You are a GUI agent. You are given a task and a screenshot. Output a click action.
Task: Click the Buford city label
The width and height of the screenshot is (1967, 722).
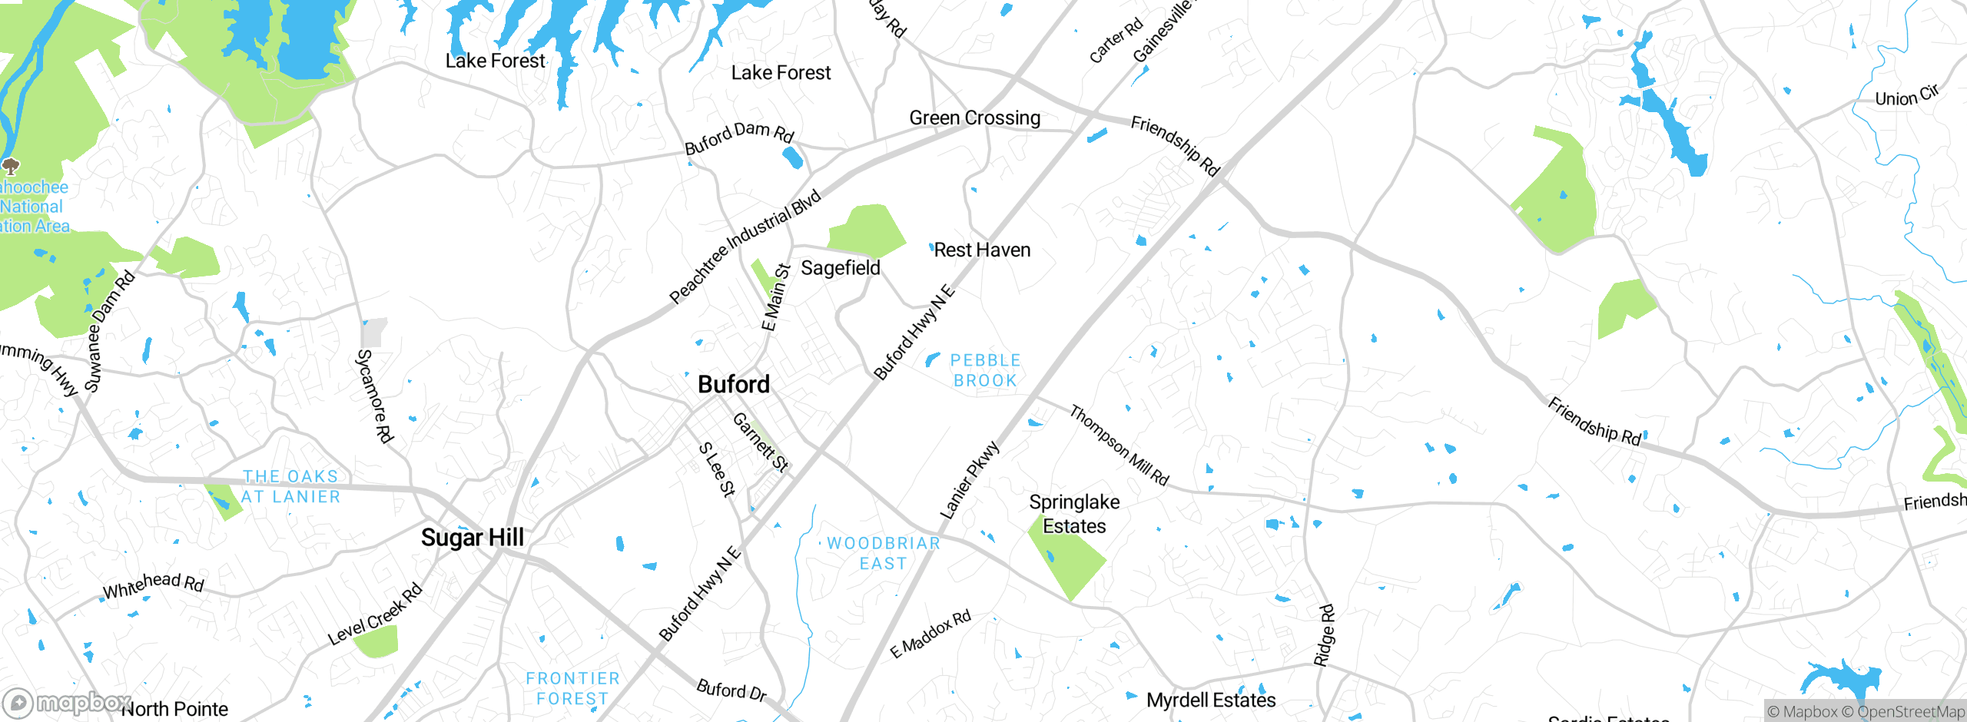coord(733,384)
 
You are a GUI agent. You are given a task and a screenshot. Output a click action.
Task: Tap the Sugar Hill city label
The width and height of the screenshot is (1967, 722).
coord(472,538)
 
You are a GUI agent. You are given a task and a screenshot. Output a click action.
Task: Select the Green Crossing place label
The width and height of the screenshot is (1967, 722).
coord(974,118)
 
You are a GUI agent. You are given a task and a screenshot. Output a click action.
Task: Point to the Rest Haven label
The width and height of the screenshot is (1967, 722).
coord(982,250)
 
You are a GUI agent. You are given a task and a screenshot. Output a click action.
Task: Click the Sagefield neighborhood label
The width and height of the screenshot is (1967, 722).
coord(841,268)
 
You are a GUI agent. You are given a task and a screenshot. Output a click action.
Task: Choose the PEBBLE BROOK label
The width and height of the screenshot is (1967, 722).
coord(985,370)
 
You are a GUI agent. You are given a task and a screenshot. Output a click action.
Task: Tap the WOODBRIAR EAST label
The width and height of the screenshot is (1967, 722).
coord(883,553)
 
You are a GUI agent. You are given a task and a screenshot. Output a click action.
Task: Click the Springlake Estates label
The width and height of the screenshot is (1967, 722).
coord(1074,514)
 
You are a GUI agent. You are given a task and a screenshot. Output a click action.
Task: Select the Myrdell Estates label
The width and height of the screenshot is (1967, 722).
coord(1211,700)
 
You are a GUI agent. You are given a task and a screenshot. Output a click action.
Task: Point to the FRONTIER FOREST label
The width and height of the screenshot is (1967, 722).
coord(572,688)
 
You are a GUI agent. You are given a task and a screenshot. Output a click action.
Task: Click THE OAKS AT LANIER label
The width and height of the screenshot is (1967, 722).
coord(290,486)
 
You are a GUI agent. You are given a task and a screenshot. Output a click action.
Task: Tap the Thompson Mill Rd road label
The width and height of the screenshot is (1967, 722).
coord(1119,445)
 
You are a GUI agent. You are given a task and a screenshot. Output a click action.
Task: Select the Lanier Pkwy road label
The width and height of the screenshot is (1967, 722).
coord(970,480)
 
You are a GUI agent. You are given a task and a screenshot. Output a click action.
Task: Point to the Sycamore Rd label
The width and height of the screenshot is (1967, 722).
coord(375,396)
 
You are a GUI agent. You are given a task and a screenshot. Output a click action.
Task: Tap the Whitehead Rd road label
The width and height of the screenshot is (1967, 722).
coord(154,585)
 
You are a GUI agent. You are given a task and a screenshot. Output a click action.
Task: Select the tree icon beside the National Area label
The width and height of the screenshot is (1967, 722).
coord(11,166)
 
